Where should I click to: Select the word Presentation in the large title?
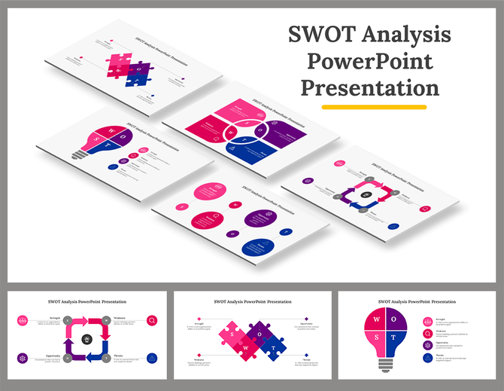(369, 88)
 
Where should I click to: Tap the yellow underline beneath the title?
(374, 107)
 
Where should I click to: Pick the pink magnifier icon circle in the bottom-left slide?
(153, 320)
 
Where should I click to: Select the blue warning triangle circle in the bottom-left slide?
(153, 359)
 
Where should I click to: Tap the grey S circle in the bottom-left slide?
(68, 320)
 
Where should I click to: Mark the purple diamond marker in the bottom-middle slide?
(306, 319)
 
